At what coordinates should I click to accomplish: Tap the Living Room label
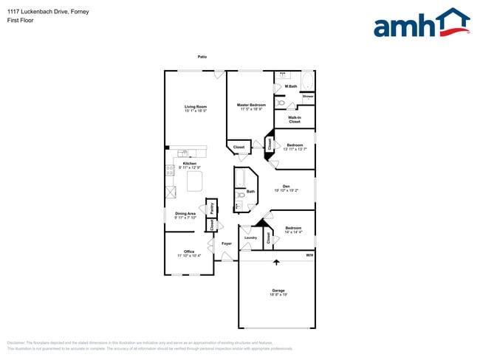click(x=196, y=107)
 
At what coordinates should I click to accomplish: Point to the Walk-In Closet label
click(x=295, y=119)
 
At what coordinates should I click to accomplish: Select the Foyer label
click(x=226, y=243)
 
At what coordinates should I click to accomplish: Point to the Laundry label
click(x=250, y=238)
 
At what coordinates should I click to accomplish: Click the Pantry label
click(x=212, y=209)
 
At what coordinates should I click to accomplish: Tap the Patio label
click(x=202, y=57)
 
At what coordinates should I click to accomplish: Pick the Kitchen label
click(x=190, y=163)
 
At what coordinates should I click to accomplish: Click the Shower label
click(x=308, y=96)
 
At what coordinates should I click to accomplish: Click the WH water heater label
click(x=309, y=255)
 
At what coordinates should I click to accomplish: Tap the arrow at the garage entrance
click(x=277, y=262)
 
